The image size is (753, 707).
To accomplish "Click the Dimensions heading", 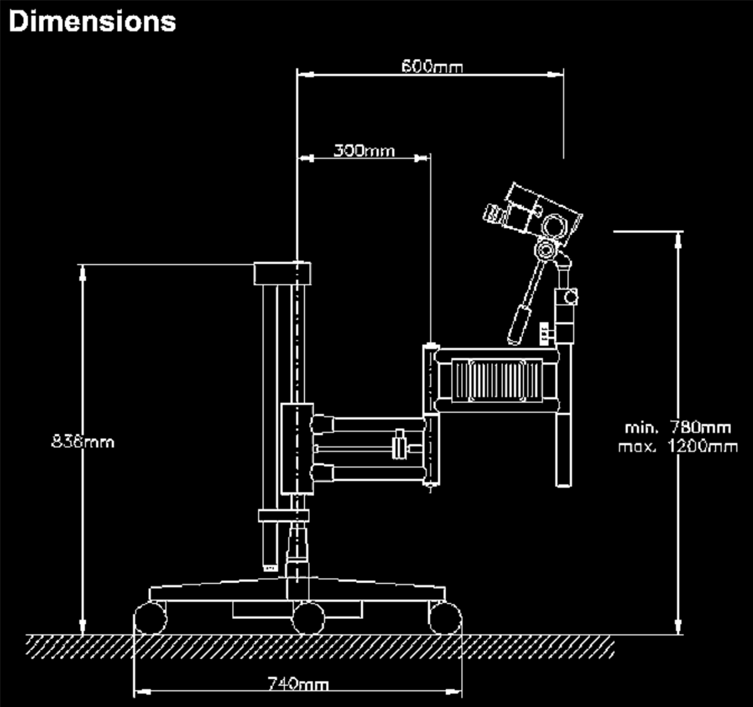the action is [92, 21].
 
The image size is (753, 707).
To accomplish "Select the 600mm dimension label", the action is [432, 67].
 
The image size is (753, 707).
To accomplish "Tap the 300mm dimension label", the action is [364, 151].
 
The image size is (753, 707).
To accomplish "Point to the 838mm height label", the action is [83, 442].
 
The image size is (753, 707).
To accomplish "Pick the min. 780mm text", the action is [678, 428].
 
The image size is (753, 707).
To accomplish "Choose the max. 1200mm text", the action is [678, 447].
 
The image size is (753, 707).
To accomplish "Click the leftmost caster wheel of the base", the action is [151, 618].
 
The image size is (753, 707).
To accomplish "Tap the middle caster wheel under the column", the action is [308, 618].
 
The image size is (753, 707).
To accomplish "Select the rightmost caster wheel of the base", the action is [445, 618].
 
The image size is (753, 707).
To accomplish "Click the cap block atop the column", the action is [282, 274].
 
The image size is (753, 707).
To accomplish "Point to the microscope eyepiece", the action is [493, 213].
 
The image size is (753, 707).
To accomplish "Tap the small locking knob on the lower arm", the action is [400, 444].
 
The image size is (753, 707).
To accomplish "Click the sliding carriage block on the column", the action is [297, 449].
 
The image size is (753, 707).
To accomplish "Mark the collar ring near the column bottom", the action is [284, 515].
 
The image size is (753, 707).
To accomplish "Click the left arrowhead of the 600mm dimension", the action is [306, 74].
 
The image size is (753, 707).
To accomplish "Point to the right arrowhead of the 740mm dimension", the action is [453, 692].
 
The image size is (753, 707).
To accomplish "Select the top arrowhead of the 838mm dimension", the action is [82, 273].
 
